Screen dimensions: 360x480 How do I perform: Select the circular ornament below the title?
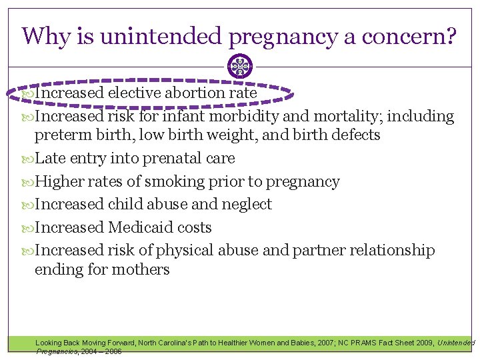(x=240, y=66)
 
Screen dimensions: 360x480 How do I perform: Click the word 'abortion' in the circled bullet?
(x=193, y=93)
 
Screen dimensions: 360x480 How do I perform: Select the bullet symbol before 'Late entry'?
(x=27, y=159)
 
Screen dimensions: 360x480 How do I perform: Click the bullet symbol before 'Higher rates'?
(x=27, y=181)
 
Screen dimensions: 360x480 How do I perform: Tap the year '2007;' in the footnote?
(x=319, y=343)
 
